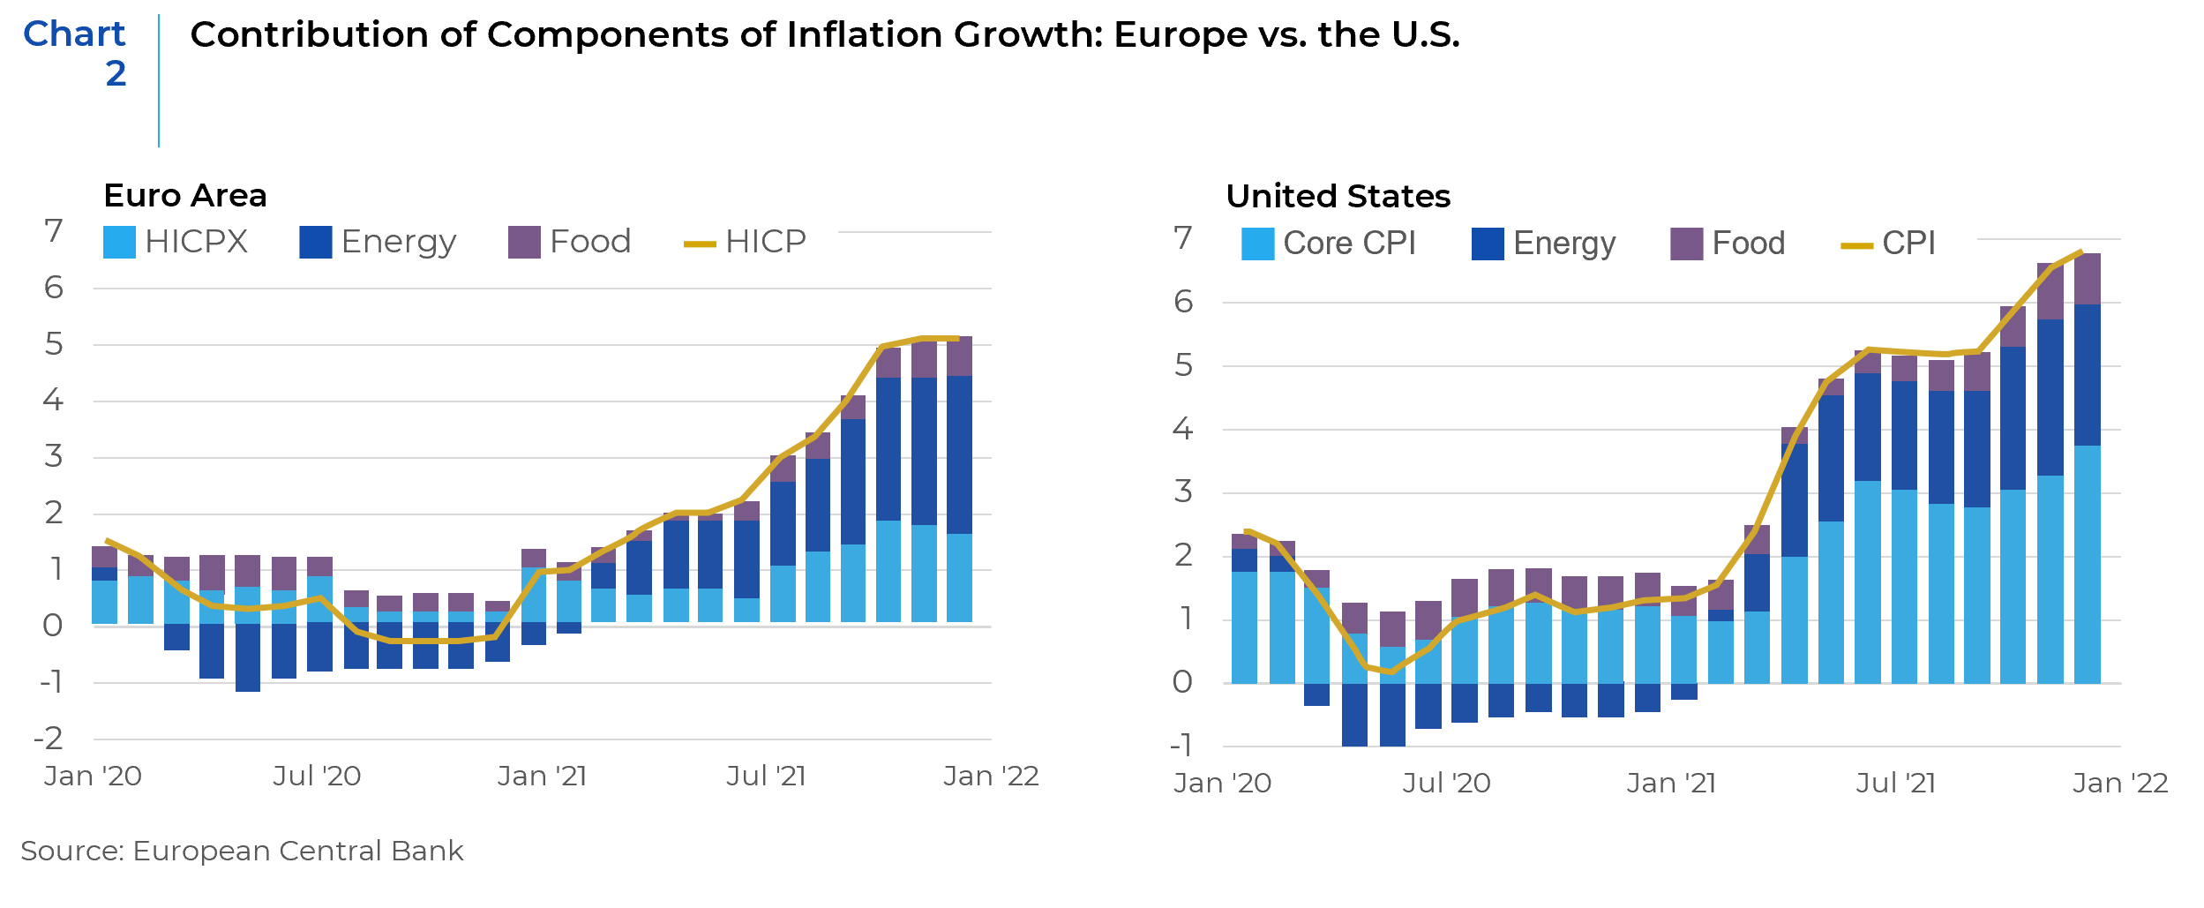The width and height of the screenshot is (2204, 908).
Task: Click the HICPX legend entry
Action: [x=176, y=242]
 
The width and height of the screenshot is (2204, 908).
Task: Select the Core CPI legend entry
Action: [x=1329, y=244]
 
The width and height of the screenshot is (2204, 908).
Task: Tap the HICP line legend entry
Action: [x=746, y=242]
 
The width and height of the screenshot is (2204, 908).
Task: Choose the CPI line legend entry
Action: [x=1889, y=244]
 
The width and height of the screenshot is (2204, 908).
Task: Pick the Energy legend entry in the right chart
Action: [x=1544, y=244]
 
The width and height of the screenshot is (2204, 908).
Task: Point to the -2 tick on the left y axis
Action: [x=49, y=739]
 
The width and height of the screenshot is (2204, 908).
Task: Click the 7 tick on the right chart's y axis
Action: [x=1182, y=238]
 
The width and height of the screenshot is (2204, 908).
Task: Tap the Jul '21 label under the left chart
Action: [x=766, y=777]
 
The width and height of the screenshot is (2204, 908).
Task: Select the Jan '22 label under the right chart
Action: [x=2119, y=784]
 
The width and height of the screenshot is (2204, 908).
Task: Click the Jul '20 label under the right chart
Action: [x=1446, y=784]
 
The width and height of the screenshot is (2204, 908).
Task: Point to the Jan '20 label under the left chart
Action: [x=93, y=777]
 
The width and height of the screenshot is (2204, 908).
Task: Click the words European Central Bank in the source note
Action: [x=297, y=851]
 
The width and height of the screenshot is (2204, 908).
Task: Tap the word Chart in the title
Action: [x=74, y=34]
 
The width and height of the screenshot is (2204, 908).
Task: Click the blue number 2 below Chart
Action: [x=116, y=74]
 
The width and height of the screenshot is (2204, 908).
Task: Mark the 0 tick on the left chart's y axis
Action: [x=53, y=626]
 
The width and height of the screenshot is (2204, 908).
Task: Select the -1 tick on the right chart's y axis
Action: [x=1181, y=746]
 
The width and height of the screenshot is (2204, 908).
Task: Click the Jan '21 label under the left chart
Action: [x=542, y=777]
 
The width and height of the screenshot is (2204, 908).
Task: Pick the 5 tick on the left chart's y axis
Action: [x=54, y=344]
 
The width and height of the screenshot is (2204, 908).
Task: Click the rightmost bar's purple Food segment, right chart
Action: [x=2087, y=279]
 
